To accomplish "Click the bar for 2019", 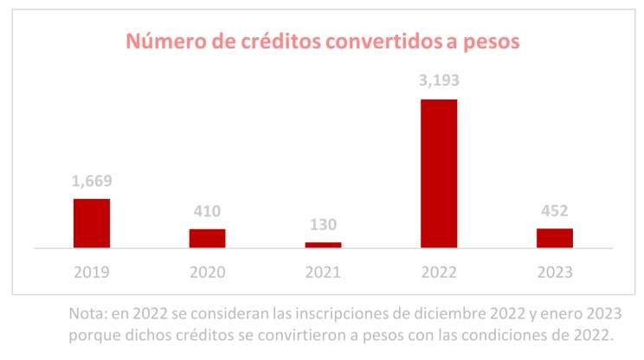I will click(91, 223).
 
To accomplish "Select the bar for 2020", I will click(207, 238).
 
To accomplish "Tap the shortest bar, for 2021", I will click(323, 245).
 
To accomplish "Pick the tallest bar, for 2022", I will click(439, 174).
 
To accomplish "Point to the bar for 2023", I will click(555, 238).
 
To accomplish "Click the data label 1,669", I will click(92, 182).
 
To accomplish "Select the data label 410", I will click(208, 211).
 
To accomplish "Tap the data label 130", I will click(323, 225).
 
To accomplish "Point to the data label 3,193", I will click(439, 82).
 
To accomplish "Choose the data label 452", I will click(555, 211).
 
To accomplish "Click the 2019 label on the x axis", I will click(92, 272).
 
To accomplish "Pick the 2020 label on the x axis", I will click(208, 272).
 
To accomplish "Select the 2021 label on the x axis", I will click(323, 272).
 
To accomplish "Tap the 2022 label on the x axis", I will click(439, 272).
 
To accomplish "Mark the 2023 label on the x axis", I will click(555, 272).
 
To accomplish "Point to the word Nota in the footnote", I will click(88, 313).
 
